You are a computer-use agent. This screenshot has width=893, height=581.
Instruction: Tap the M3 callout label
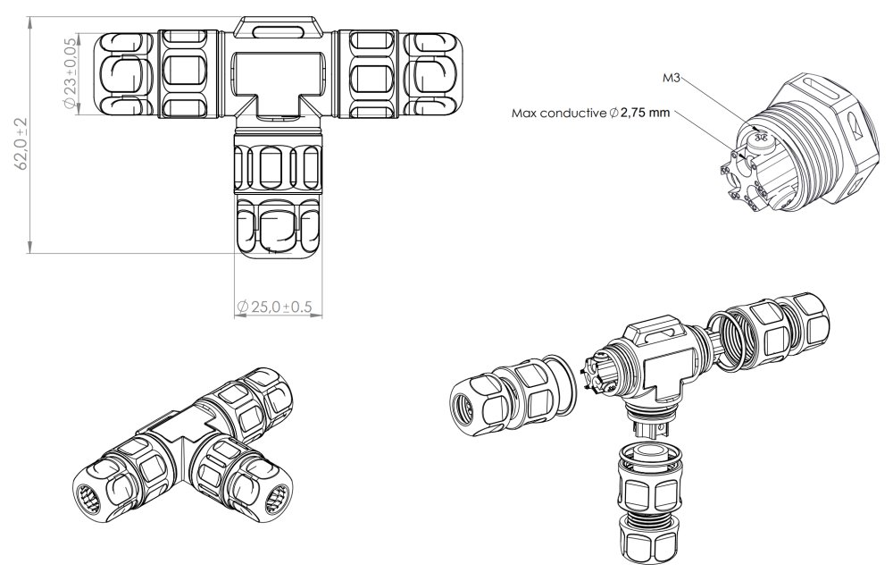[672, 79]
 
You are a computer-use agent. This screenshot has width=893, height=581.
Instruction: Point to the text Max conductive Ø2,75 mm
[588, 114]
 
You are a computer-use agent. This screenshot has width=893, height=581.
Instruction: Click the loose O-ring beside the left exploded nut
[563, 384]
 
